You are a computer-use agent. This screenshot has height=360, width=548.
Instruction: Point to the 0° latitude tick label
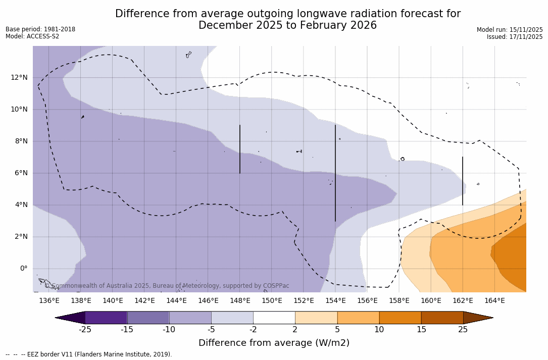pyautogui.click(x=23, y=268)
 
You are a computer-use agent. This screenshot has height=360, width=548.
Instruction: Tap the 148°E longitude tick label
pyautogui.click(x=240, y=301)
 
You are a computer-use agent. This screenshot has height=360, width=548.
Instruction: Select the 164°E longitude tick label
pyautogui.click(x=494, y=301)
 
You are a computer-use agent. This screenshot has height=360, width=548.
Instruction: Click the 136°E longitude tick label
pyautogui.click(x=49, y=301)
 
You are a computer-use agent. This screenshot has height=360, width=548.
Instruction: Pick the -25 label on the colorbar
pyautogui.click(x=85, y=330)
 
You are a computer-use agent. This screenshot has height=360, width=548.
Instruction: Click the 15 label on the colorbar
pyautogui.click(x=421, y=330)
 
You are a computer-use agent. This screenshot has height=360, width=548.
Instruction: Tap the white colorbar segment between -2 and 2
pyautogui.click(x=274, y=318)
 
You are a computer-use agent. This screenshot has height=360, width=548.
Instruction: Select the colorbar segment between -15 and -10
pyautogui.click(x=148, y=318)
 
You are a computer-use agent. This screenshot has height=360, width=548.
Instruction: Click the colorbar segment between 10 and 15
pyautogui.click(x=400, y=318)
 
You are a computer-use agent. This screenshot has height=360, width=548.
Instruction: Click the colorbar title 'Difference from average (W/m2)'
pyautogui.click(x=274, y=343)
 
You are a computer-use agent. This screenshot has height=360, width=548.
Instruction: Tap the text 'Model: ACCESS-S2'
pyautogui.click(x=32, y=36)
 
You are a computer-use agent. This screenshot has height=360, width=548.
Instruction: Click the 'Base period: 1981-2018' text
pyautogui.click(x=40, y=29)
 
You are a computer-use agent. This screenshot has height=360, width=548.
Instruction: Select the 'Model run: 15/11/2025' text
pyautogui.click(x=510, y=30)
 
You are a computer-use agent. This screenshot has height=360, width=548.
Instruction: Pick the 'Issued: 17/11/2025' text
pyautogui.click(x=515, y=37)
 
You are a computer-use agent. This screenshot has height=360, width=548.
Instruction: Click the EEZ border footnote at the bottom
pyautogui.click(x=89, y=354)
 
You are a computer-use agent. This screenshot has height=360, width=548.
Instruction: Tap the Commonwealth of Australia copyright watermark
pyautogui.click(x=167, y=286)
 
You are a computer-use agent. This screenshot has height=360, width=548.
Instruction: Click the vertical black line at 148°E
pyautogui.click(x=240, y=149)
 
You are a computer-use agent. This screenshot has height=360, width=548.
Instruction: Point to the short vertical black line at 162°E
pyautogui.click(x=463, y=181)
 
